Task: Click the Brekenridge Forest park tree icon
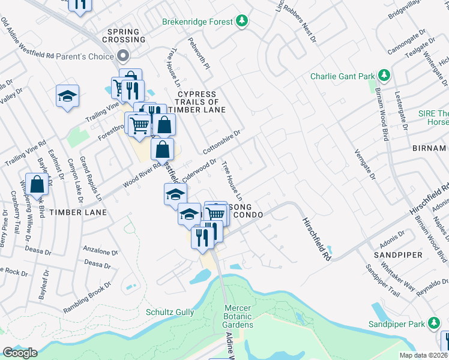pos(241,22)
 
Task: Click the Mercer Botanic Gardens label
pos(237,316)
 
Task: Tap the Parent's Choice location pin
pos(124,57)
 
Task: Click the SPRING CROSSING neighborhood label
pos(126,35)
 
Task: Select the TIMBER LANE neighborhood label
pos(78,212)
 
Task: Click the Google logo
pos(19,353)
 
